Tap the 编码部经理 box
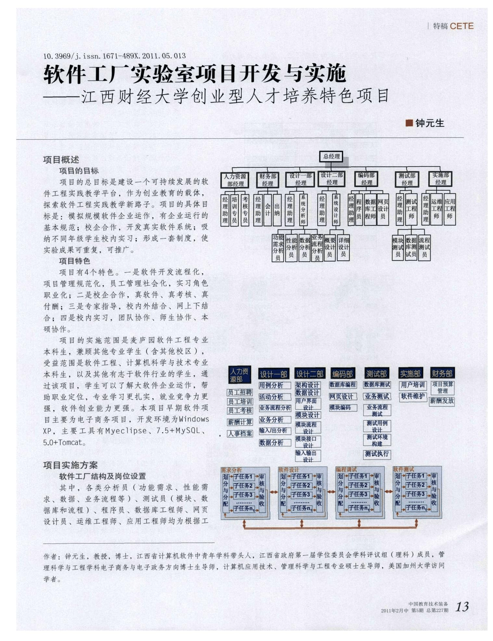click(366, 179)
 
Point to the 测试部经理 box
click(407, 179)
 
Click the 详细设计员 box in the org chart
click(343, 247)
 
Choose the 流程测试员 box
click(424, 247)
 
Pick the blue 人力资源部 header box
click(240, 375)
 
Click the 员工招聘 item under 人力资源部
click(240, 393)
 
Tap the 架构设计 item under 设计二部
click(308, 385)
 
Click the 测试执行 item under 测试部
click(377, 454)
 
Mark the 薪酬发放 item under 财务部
click(442, 401)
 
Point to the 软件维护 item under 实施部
click(412, 396)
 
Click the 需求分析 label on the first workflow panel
click(231, 470)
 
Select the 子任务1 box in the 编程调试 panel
click(358, 476)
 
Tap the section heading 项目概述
click(61, 159)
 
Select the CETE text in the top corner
click(461, 26)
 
